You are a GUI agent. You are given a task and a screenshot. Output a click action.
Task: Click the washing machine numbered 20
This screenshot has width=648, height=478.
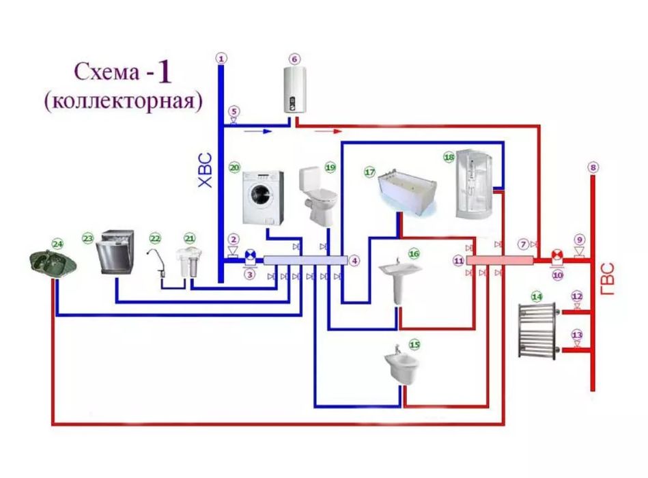(x=264, y=196)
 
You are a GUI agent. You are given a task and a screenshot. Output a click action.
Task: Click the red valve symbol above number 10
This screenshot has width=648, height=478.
(x=557, y=258)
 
